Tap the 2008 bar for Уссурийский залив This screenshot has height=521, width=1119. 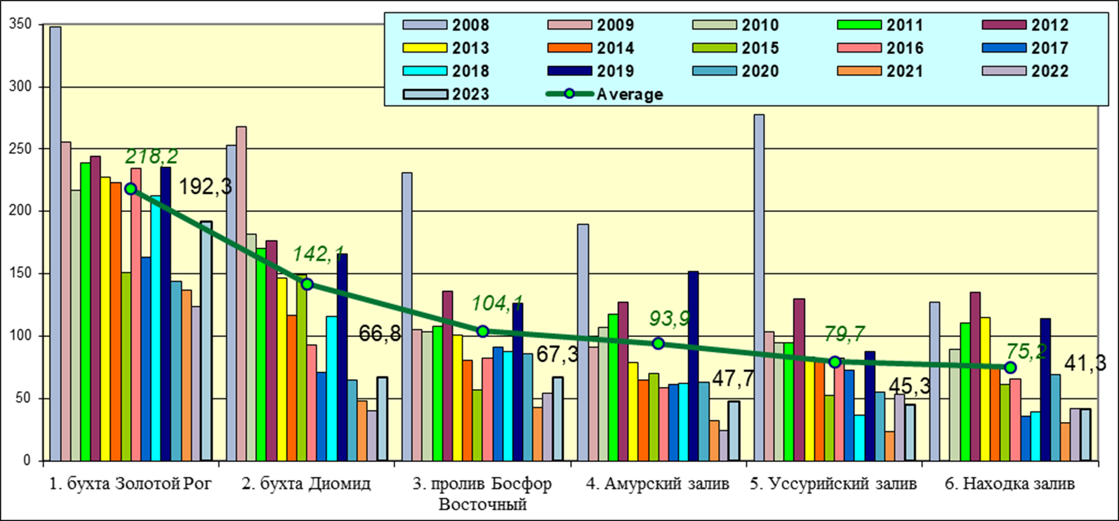click(759, 287)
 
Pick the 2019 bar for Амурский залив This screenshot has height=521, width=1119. click(693, 365)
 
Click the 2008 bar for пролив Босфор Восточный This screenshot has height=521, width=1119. click(406, 316)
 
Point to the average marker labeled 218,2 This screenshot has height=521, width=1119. click(131, 189)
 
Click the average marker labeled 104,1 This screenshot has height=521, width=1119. click(482, 331)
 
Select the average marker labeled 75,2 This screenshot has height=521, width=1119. click(1010, 367)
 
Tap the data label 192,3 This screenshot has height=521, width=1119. click(205, 187)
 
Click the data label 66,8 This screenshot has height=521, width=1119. click(380, 334)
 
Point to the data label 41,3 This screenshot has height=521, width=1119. click(1085, 363)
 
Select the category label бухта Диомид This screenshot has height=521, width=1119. click(306, 484)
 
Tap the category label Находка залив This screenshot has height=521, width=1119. click(1009, 484)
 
